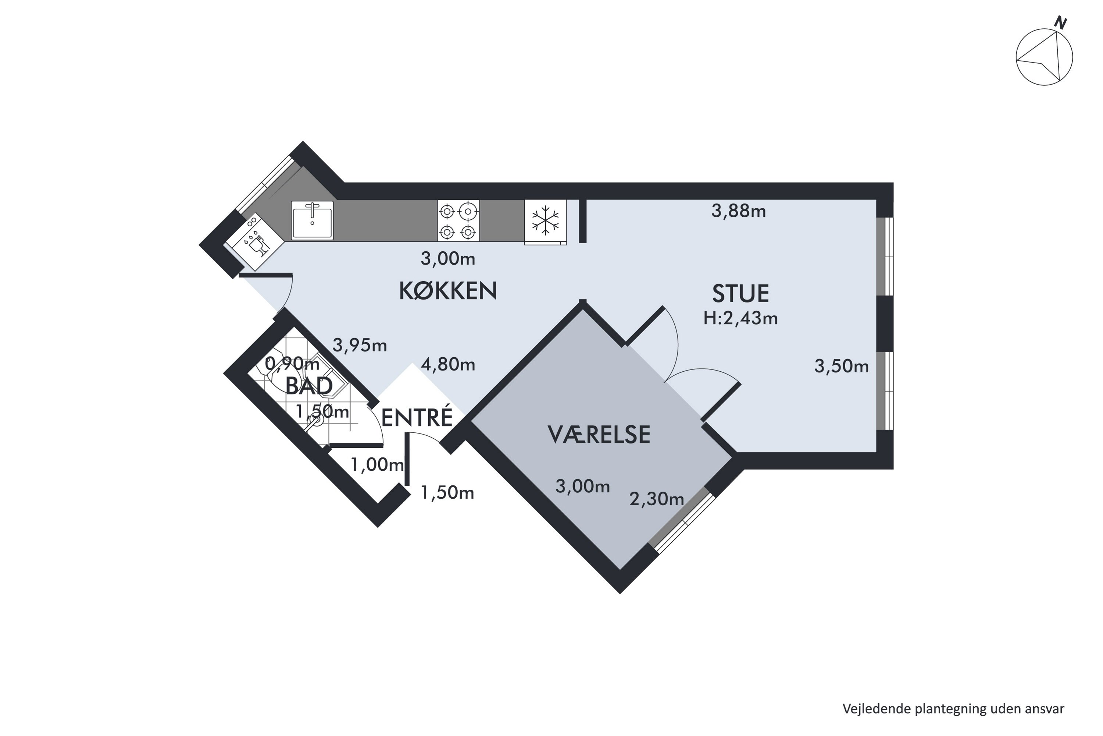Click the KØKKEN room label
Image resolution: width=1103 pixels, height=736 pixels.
[x=448, y=291]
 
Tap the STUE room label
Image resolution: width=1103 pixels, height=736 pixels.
[x=740, y=294]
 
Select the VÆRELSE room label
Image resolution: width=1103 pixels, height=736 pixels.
[x=599, y=435]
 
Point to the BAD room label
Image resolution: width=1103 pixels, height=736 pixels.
[x=309, y=386]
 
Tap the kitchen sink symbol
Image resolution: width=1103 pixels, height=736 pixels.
[x=312, y=220]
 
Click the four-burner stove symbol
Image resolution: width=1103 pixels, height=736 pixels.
[x=458, y=220]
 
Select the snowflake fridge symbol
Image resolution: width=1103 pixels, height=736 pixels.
[x=545, y=222]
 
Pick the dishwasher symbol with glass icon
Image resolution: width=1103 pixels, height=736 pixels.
[x=255, y=242]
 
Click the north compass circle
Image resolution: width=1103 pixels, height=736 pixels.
[x=1045, y=57]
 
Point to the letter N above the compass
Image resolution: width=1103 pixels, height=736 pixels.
[x=1060, y=22]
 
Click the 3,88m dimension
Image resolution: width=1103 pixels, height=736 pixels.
[x=739, y=211]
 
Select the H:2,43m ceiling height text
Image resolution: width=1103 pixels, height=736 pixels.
[x=740, y=319]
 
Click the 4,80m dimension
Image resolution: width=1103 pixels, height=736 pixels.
[x=448, y=364]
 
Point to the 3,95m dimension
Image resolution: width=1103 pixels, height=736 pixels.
[x=360, y=346]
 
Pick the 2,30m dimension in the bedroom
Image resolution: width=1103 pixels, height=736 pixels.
[x=657, y=499]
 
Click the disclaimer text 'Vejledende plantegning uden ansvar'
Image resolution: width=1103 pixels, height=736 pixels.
[x=953, y=709]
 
